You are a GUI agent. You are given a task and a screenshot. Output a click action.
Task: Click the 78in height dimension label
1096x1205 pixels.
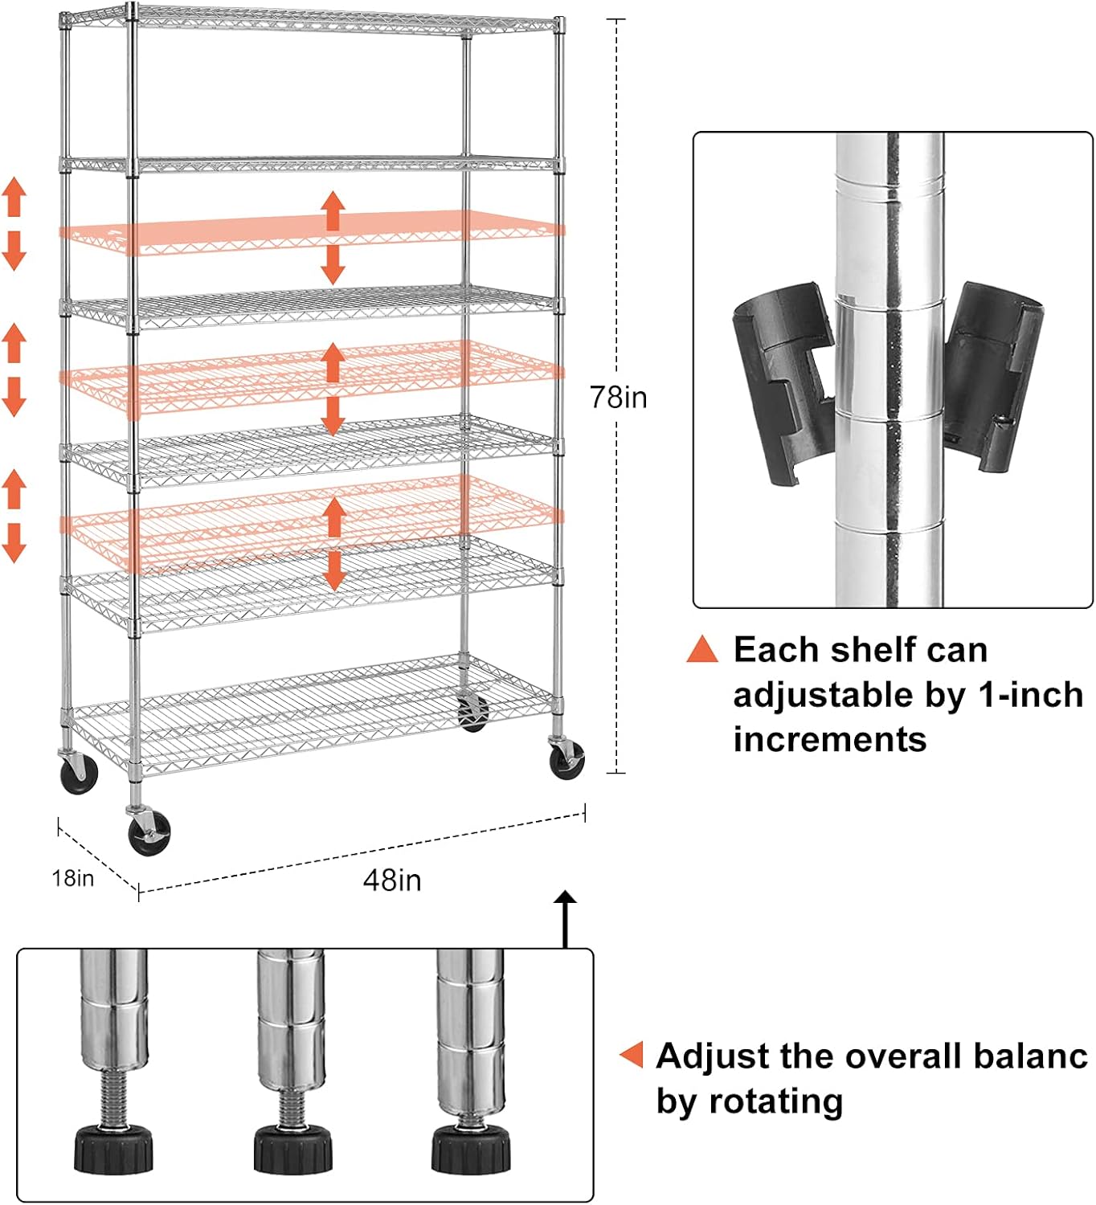[618, 397]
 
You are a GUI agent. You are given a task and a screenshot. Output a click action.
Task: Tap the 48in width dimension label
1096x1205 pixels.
[392, 880]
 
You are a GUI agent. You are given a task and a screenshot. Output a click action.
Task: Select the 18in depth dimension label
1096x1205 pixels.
[73, 878]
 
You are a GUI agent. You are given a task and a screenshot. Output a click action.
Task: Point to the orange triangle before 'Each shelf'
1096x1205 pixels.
[702, 650]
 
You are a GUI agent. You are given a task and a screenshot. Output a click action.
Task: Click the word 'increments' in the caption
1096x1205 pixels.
[830, 739]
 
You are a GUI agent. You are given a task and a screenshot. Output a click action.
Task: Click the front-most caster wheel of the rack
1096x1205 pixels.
[149, 831]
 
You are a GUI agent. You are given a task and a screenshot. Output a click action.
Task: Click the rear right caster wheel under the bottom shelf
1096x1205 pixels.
[472, 712]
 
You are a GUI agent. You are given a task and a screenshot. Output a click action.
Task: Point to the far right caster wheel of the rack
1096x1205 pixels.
[566, 759]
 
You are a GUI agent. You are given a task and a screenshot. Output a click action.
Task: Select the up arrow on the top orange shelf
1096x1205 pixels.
[333, 210]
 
